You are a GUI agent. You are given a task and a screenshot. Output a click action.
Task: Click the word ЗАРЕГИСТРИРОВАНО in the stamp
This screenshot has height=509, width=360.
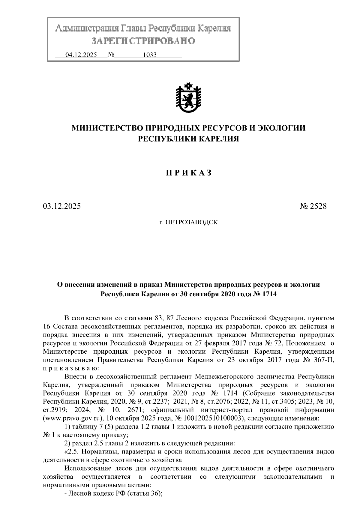[143, 41]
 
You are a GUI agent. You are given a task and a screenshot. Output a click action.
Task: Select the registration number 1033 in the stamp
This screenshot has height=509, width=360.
[150, 55]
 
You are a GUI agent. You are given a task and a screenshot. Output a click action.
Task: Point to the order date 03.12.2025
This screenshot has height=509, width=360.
[61, 206]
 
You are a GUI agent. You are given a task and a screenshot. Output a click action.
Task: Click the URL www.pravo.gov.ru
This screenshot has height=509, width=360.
[70, 418]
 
